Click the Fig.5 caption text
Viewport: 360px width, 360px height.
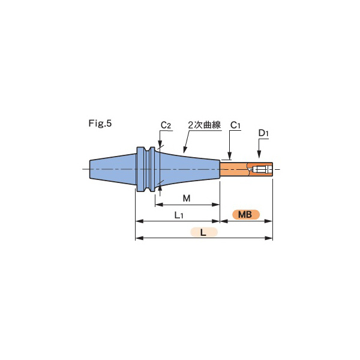(100, 123)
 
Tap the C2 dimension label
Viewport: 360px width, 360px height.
(166, 125)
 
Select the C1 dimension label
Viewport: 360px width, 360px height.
(235, 125)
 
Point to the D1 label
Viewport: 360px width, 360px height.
(263, 133)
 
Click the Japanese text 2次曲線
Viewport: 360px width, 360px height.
(205, 125)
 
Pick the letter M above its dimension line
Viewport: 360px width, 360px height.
(187, 198)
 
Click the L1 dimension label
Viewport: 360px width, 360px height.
(179, 215)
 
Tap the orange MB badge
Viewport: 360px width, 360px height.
(246, 214)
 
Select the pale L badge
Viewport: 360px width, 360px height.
(203, 232)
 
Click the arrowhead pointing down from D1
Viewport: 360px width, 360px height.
(259, 154)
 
